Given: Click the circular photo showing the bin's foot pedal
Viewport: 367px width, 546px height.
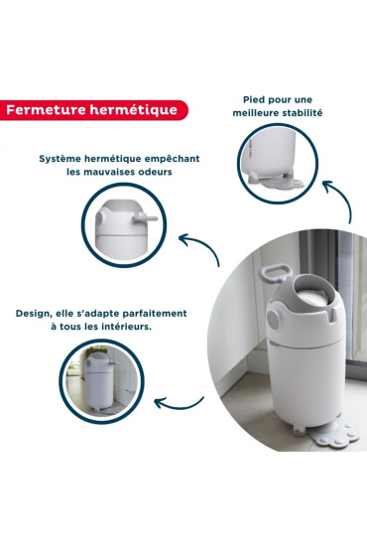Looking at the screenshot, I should pyautogui.click(x=279, y=164).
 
